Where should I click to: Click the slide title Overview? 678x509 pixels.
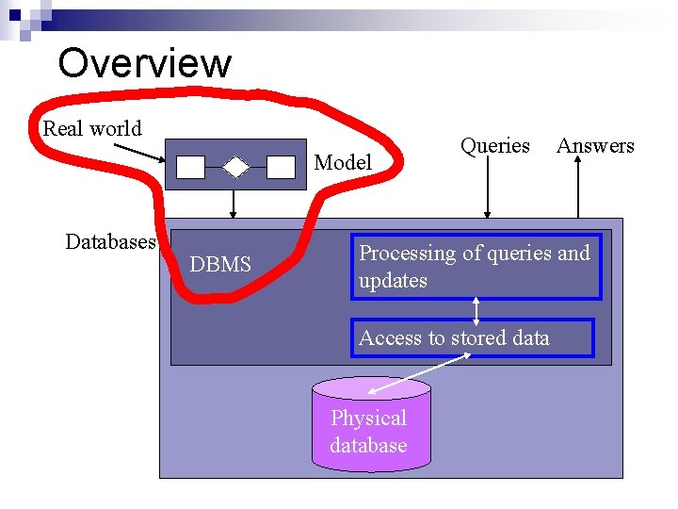pyautogui.click(x=144, y=63)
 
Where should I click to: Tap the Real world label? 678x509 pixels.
pyautogui.click(x=92, y=129)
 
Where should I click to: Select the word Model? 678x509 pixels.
pyautogui.click(x=343, y=162)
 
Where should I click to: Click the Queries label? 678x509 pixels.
pyautogui.click(x=494, y=146)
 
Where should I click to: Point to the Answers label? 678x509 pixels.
pyautogui.click(x=595, y=146)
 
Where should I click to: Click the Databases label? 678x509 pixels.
pyautogui.click(x=110, y=242)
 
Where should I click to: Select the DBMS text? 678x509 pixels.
pyautogui.click(x=220, y=265)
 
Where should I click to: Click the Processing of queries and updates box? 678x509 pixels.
pyautogui.click(x=476, y=267)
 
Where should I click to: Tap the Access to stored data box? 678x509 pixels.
pyautogui.click(x=473, y=338)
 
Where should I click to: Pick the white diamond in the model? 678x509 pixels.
pyautogui.click(x=235, y=167)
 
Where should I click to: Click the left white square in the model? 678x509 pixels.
pyautogui.click(x=191, y=167)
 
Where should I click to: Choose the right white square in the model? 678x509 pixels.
pyautogui.click(x=281, y=167)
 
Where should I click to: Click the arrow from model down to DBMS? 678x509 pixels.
pyautogui.click(x=234, y=205)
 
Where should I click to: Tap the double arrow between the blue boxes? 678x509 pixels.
pyautogui.click(x=476, y=310)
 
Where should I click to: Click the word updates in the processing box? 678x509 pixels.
pyautogui.click(x=393, y=281)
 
